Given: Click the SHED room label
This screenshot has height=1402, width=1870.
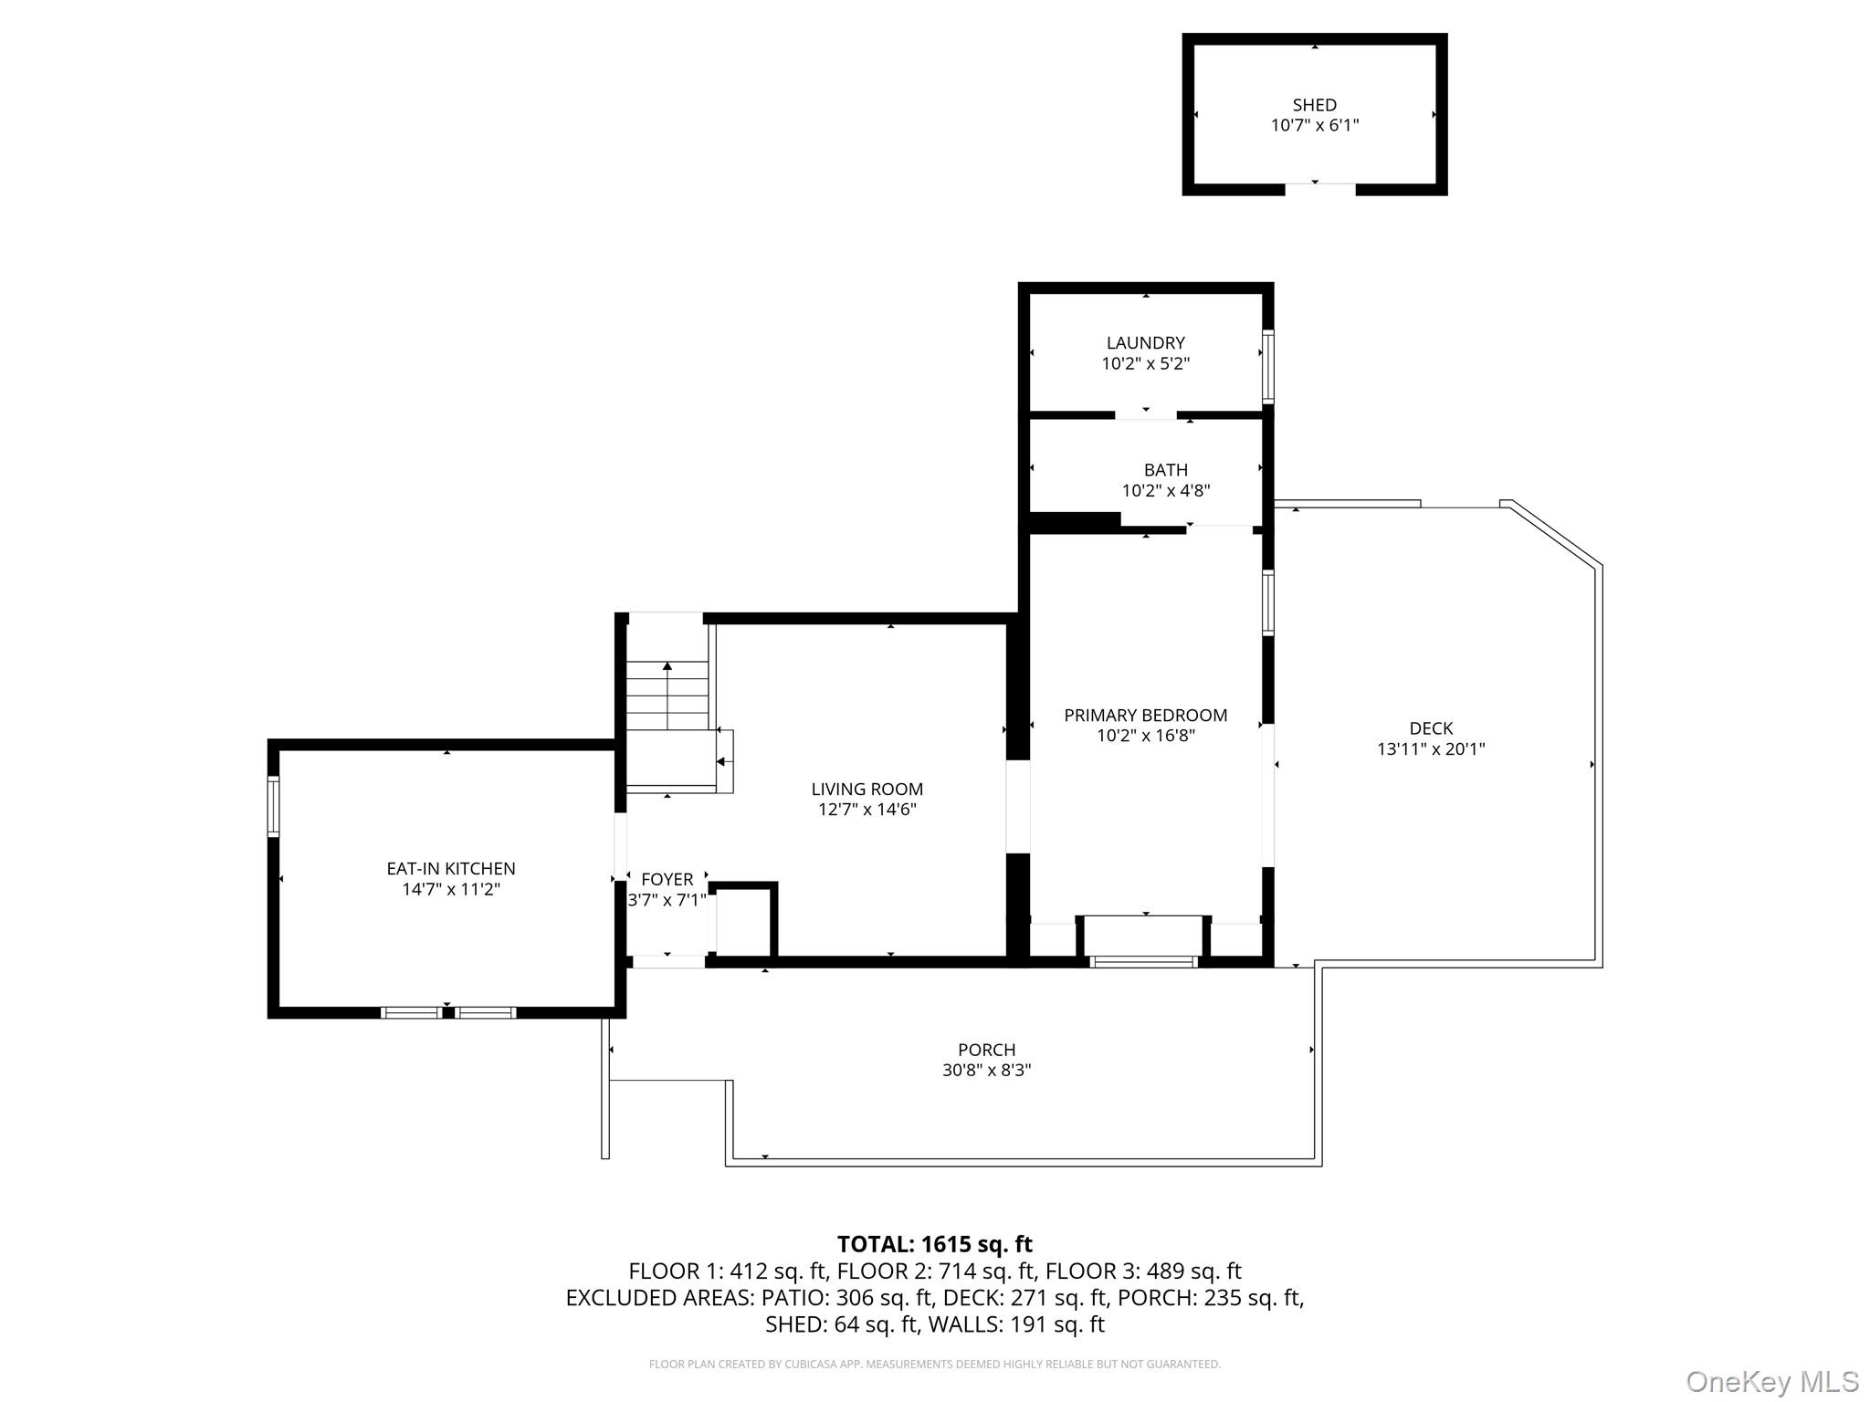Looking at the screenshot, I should point(1314,105).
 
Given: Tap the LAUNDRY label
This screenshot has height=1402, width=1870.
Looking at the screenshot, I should point(1145,343).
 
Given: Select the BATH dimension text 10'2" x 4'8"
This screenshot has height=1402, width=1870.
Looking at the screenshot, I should point(1165,491).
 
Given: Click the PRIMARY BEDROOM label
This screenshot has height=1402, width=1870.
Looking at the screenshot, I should point(1145,716).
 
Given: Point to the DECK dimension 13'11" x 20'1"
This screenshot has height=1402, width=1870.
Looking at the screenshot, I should point(1430,749).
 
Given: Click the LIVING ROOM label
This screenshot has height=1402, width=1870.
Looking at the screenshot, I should point(867,790).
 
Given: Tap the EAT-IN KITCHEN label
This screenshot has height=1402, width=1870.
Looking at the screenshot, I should point(451,869).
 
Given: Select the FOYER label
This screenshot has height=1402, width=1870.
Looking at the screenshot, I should point(667,879).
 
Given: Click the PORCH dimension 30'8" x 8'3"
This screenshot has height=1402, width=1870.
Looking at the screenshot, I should point(986,1071).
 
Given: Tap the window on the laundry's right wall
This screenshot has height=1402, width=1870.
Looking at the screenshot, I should point(1267,366).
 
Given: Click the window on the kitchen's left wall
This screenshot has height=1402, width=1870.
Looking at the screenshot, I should point(273,805).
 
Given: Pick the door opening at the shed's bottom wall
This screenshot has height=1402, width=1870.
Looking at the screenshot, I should point(1319,189).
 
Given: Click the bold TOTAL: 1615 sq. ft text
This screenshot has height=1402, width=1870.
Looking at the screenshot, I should point(934,1244).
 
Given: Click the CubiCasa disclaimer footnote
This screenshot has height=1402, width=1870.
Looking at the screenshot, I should point(934,1365).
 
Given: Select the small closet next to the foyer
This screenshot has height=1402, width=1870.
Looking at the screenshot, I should point(744,922).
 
